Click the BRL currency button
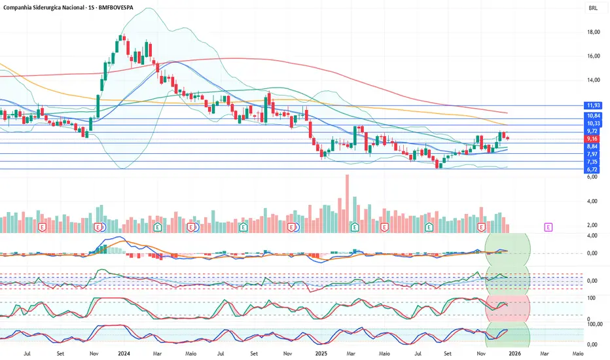(593, 9)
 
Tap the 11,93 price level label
(594, 105)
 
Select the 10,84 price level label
(594, 115)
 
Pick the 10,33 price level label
(594, 123)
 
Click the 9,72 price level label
(594, 131)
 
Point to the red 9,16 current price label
(594, 139)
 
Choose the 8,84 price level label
(594, 147)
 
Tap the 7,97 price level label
(594, 154)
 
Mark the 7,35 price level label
(594, 162)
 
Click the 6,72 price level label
(594, 170)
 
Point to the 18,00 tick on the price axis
(594, 31)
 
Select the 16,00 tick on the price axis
(594, 56)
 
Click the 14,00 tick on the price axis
(594, 80)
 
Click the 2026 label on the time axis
(514, 353)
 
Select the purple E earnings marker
(548, 226)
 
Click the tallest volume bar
(347, 203)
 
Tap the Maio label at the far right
(578, 353)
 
